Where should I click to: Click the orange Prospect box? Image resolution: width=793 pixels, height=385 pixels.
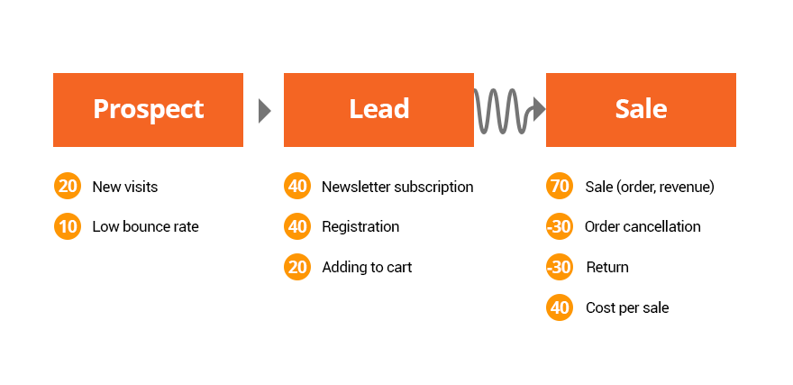(148, 110)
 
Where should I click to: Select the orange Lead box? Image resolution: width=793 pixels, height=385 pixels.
(378, 110)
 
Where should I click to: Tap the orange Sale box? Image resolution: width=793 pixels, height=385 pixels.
(641, 110)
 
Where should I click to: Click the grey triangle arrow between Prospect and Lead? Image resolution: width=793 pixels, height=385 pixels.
(265, 111)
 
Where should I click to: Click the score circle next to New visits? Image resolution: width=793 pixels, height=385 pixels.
(68, 186)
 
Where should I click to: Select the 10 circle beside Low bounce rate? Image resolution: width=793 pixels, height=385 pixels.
(68, 226)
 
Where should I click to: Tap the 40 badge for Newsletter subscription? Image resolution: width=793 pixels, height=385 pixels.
(297, 186)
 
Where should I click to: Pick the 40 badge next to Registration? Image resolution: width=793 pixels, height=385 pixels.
(297, 226)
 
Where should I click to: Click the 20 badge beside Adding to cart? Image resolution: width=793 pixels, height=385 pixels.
(297, 267)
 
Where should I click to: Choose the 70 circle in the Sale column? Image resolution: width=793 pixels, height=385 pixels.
(560, 186)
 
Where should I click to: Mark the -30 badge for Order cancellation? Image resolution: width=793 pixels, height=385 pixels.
(560, 226)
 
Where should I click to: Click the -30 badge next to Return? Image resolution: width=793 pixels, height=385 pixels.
(560, 267)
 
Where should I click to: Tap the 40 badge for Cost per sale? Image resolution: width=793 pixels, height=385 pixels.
(560, 307)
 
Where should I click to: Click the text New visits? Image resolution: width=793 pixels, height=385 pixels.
(125, 188)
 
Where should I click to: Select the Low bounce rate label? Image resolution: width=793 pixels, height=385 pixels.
(145, 226)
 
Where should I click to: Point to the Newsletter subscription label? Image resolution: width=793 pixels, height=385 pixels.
(397, 188)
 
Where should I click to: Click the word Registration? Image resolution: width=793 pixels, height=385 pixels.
(360, 227)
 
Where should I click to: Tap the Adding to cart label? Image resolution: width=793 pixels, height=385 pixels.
(367, 267)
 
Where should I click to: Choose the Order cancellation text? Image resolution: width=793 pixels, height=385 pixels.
(643, 226)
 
